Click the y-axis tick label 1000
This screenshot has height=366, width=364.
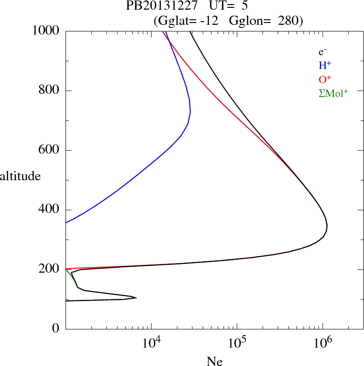click(x=46, y=31)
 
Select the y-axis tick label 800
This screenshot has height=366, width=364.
click(x=50, y=91)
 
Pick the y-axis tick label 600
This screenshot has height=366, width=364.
click(x=50, y=150)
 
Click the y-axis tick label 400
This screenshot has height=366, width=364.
click(x=50, y=210)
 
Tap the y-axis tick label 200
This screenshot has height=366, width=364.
click(x=50, y=269)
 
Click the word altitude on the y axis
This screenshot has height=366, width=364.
click(x=21, y=176)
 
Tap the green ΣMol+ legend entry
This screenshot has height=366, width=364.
click(x=333, y=93)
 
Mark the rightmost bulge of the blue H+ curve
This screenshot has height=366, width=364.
click(x=190, y=111)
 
